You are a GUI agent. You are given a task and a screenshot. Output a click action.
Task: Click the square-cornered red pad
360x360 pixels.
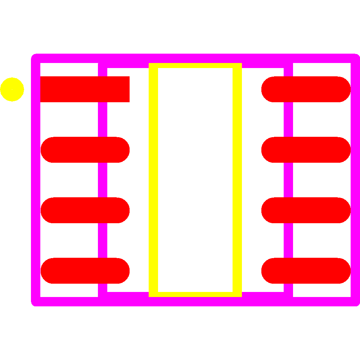(85, 89)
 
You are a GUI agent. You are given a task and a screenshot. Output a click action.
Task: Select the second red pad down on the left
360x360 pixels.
(85, 150)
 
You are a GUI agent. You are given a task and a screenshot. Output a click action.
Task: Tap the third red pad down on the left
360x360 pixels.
(85, 210)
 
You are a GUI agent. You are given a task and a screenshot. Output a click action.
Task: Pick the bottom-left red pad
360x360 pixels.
(85, 271)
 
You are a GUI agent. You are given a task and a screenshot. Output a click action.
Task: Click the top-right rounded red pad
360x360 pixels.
(306, 89)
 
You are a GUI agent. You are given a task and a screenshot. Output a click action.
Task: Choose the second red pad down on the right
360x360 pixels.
(306, 150)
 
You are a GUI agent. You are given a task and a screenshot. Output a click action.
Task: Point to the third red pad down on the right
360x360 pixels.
(306, 210)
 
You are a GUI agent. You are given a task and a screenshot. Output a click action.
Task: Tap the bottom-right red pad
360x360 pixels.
(306, 271)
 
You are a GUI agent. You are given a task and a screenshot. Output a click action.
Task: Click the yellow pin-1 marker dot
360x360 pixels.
(12, 89)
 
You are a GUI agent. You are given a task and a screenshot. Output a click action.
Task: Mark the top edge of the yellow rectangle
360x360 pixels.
(195, 66)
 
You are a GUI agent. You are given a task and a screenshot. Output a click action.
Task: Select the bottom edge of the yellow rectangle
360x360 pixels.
(195, 294)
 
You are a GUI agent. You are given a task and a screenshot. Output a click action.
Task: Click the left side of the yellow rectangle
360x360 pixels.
(153, 180)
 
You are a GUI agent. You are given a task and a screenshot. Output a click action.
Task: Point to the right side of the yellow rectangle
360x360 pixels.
(237, 180)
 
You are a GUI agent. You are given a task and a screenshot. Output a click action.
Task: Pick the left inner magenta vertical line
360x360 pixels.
(103, 180)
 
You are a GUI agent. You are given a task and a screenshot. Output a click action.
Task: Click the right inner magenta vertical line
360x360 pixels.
(288, 180)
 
